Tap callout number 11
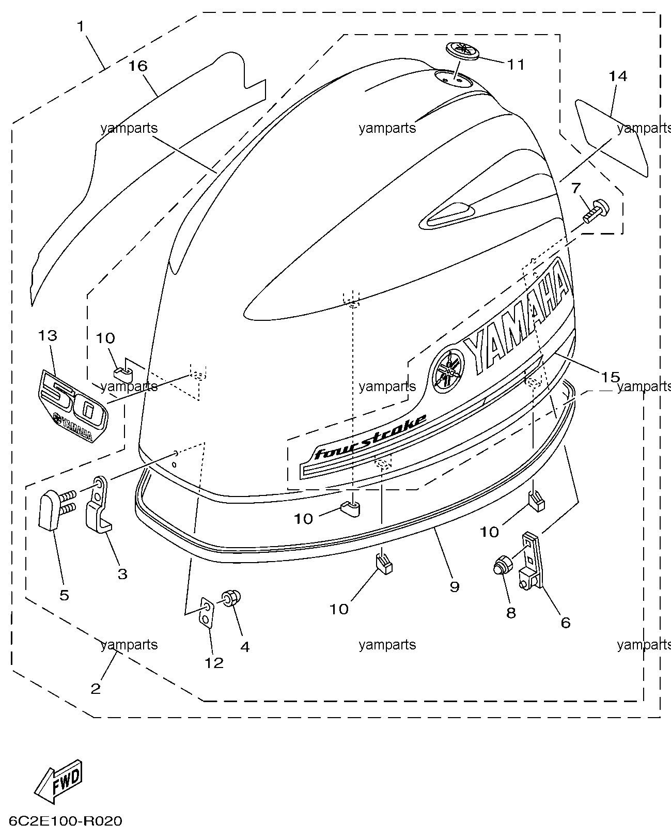coord(515,64)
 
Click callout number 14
coord(617,76)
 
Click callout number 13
coord(47,336)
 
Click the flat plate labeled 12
coord(206,613)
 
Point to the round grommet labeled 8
coord(501,567)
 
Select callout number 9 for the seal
coord(454,586)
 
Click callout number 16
coord(138,66)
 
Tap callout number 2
coord(96,689)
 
